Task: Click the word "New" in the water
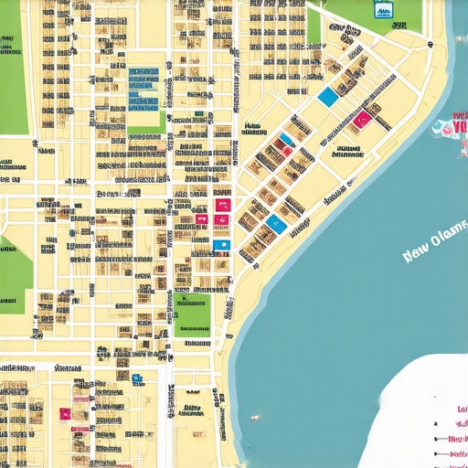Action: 418,253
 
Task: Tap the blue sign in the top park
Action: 383,10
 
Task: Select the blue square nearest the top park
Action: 327,97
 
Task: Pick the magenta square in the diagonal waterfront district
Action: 363,119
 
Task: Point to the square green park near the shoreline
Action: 192,313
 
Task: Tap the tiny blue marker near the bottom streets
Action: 136,378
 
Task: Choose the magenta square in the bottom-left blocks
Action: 66,413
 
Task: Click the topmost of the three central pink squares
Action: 222,206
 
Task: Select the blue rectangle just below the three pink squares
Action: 221,245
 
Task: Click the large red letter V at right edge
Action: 461,126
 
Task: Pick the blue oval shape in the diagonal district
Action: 285,140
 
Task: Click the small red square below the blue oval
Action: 289,150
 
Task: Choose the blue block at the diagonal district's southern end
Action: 273,222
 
